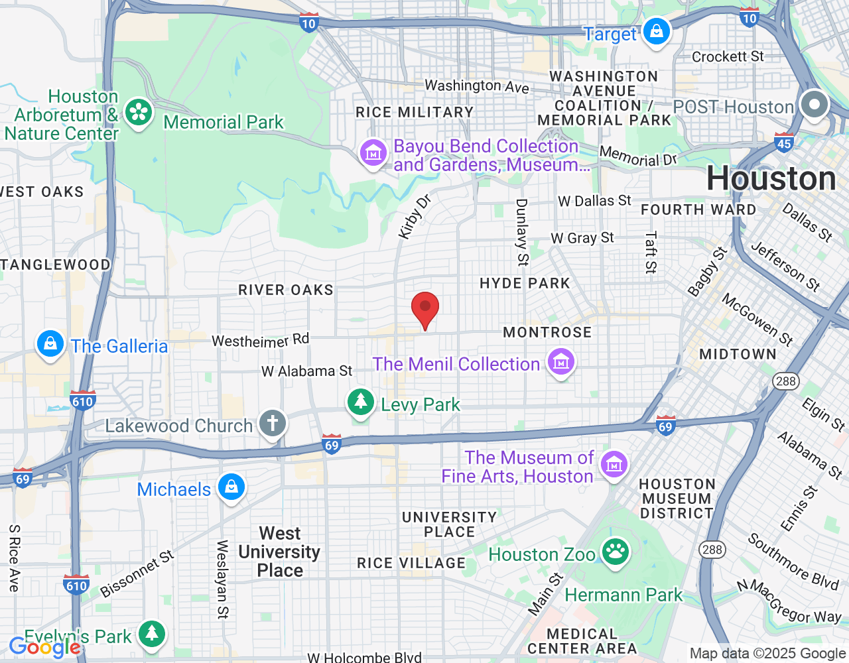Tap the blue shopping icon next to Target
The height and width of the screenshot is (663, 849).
pyautogui.click(x=657, y=32)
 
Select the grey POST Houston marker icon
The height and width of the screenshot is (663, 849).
pyautogui.click(x=814, y=105)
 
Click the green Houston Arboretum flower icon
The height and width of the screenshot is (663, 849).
pyautogui.click(x=139, y=113)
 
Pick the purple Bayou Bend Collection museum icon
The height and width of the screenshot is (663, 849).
pyautogui.click(x=373, y=153)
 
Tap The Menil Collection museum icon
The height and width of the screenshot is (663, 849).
pyautogui.click(x=561, y=362)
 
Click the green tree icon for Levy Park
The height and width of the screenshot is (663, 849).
pyautogui.click(x=361, y=402)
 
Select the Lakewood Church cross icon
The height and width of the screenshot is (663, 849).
pyautogui.click(x=272, y=424)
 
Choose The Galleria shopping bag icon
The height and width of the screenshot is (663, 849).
pyautogui.click(x=50, y=344)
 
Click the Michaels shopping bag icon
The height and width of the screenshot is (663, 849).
pyautogui.click(x=231, y=488)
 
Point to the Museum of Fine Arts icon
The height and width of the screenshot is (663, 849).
pyautogui.click(x=614, y=465)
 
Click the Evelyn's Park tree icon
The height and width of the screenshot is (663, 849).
pyautogui.click(x=152, y=634)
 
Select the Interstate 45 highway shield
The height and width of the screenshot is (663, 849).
pyautogui.click(x=784, y=143)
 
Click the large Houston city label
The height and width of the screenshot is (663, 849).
pyautogui.click(x=771, y=179)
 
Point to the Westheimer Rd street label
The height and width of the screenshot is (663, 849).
pyautogui.click(x=260, y=340)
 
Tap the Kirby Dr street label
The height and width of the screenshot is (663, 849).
pyautogui.click(x=415, y=216)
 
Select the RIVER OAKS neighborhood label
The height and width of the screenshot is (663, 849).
pyautogui.click(x=286, y=290)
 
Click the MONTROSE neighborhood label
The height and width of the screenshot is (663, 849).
pyautogui.click(x=547, y=332)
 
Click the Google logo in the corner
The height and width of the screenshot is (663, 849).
pyautogui.click(x=44, y=647)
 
